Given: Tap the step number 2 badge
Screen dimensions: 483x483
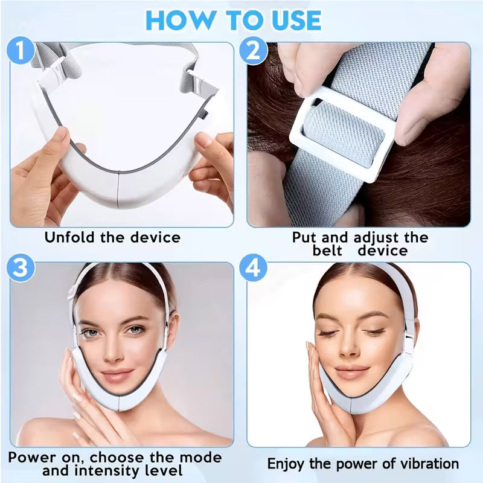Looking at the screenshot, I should click(x=253, y=51).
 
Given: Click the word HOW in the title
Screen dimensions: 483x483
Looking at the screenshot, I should click(x=173, y=19).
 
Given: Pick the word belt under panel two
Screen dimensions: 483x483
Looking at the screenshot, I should click(x=327, y=250).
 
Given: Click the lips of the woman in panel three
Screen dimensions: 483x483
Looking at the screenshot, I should click(x=117, y=375).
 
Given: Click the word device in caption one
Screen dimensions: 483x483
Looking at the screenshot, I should click(x=153, y=237).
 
